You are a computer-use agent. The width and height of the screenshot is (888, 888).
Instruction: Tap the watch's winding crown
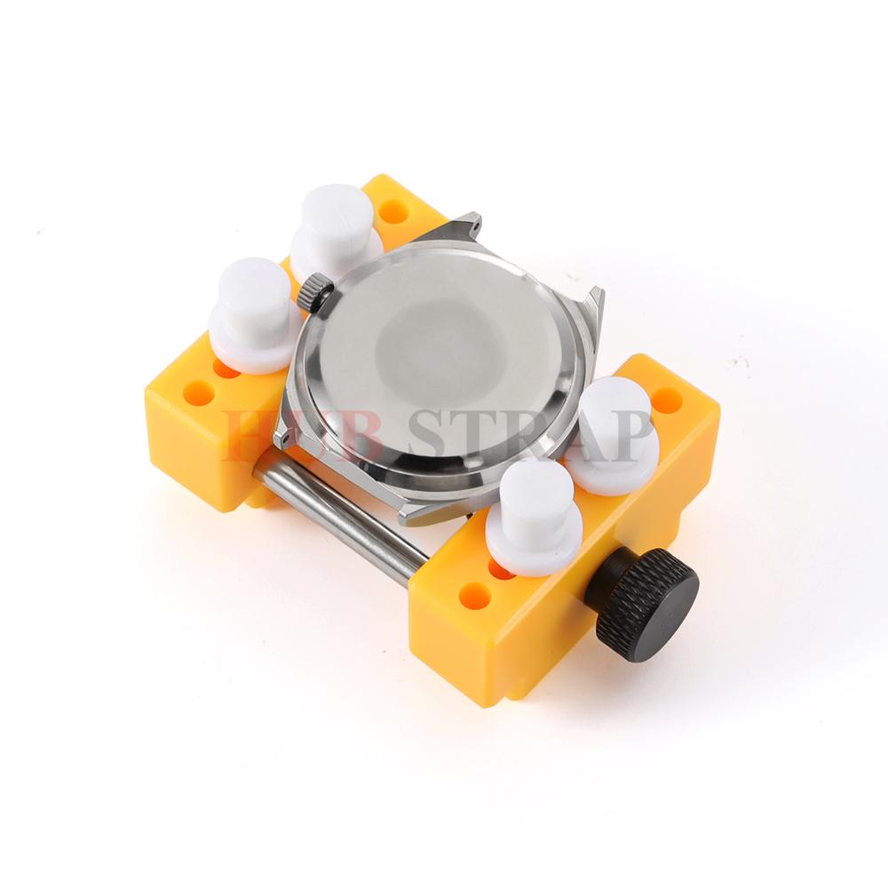(315, 290)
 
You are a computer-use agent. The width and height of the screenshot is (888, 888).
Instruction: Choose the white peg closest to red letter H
(251, 316)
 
